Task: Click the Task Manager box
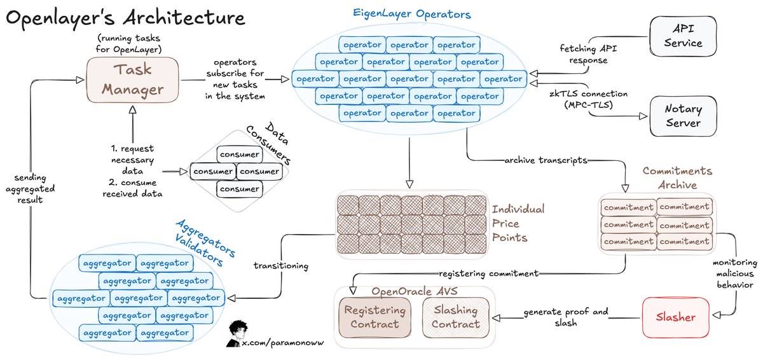pyautogui.click(x=134, y=80)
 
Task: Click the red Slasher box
pyautogui.click(x=676, y=317)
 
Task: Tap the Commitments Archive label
pyautogui.click(x=677, y=178)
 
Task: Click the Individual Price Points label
pyautogui.click(x=518, y=223)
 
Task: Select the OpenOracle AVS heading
pyautogui.click(x=414, y=291)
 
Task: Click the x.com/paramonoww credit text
pyautogui.click(x=279, y=343)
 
